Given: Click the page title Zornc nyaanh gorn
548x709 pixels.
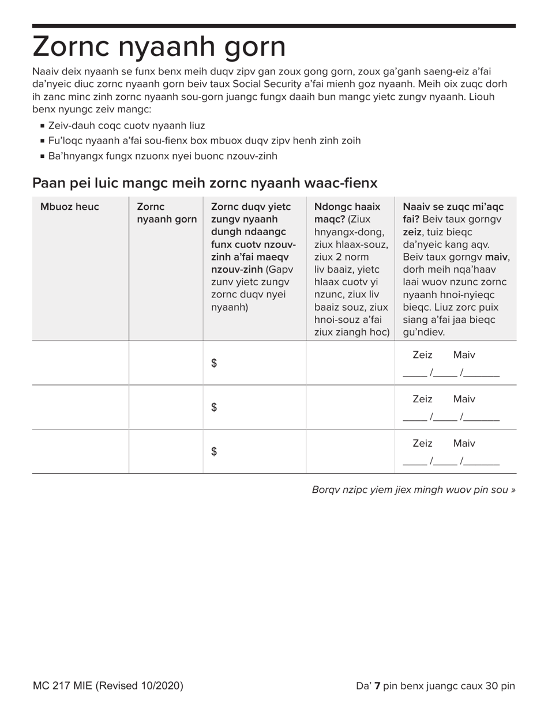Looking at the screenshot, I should click(159, 47).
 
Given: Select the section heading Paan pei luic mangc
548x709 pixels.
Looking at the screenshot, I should click(205, 183).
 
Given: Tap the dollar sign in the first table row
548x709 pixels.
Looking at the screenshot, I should click(214, 363).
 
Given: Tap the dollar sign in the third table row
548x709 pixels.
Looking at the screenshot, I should click(214, 452).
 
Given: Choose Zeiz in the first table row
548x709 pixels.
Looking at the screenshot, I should click(422, 355).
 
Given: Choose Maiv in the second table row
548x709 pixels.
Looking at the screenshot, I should click(464, 399).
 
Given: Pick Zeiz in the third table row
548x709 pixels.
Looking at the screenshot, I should click(422, 443).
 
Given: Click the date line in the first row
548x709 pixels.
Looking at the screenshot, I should click(451, 374).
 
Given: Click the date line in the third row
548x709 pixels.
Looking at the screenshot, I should click(451, 462).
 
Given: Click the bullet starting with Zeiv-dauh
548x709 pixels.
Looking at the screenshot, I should click(126, 126).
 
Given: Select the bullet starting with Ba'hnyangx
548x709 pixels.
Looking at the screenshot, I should click(163, 156).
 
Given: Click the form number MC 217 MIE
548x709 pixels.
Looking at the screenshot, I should click(108, 686).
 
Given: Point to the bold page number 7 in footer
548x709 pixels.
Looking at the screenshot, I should click(377, 686).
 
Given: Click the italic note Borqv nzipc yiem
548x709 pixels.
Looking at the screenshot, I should click(414, 490).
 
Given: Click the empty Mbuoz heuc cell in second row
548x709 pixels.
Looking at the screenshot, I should click(80, 407).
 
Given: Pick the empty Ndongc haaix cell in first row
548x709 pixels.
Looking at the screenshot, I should click(350, 363).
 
